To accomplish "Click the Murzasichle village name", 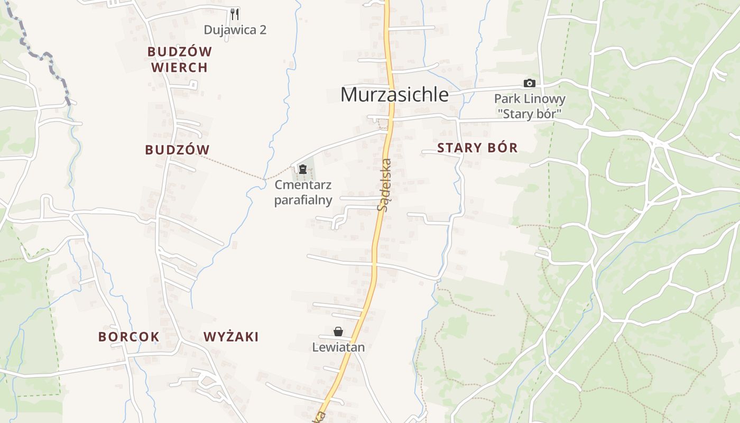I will click(x=394, y=95).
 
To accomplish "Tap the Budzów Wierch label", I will click(x=180, y=59).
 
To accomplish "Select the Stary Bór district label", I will click(x=477, y=148).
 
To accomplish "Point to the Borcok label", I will click(x=129, y=337).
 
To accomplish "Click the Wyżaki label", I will click(x=231, y=337).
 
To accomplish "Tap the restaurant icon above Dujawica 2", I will click(x=235, y=14).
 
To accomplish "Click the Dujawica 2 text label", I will click(x=235, y=30).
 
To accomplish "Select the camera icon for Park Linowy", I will click(x=529, y=83).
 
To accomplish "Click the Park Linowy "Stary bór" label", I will click(x=530, y=106).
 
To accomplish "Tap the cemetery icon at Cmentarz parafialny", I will click(x=303, y=169).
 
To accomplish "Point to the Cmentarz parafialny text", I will click(x=303, y=192).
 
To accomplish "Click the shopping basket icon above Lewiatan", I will click(x=338, y=332).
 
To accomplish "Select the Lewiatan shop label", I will click(x=338, y=347).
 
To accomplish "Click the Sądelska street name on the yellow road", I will click(x=384, y=185).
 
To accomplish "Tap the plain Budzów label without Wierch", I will click(x=178, y=150).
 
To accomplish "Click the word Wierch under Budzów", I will click(x=180, y=68).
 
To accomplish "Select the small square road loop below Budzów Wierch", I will click(x=194, y=85).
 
